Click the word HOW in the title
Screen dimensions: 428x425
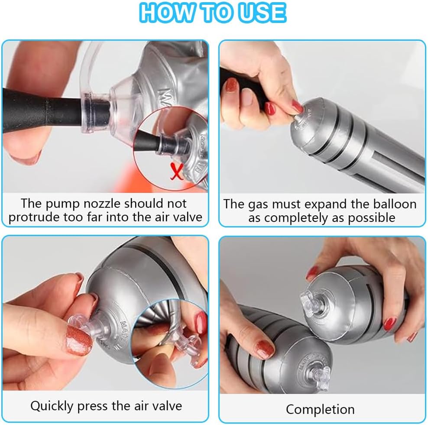167,13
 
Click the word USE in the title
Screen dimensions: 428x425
262,13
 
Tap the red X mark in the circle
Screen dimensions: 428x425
176,171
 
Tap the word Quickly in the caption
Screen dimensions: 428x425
52,406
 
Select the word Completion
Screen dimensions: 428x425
321,409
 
